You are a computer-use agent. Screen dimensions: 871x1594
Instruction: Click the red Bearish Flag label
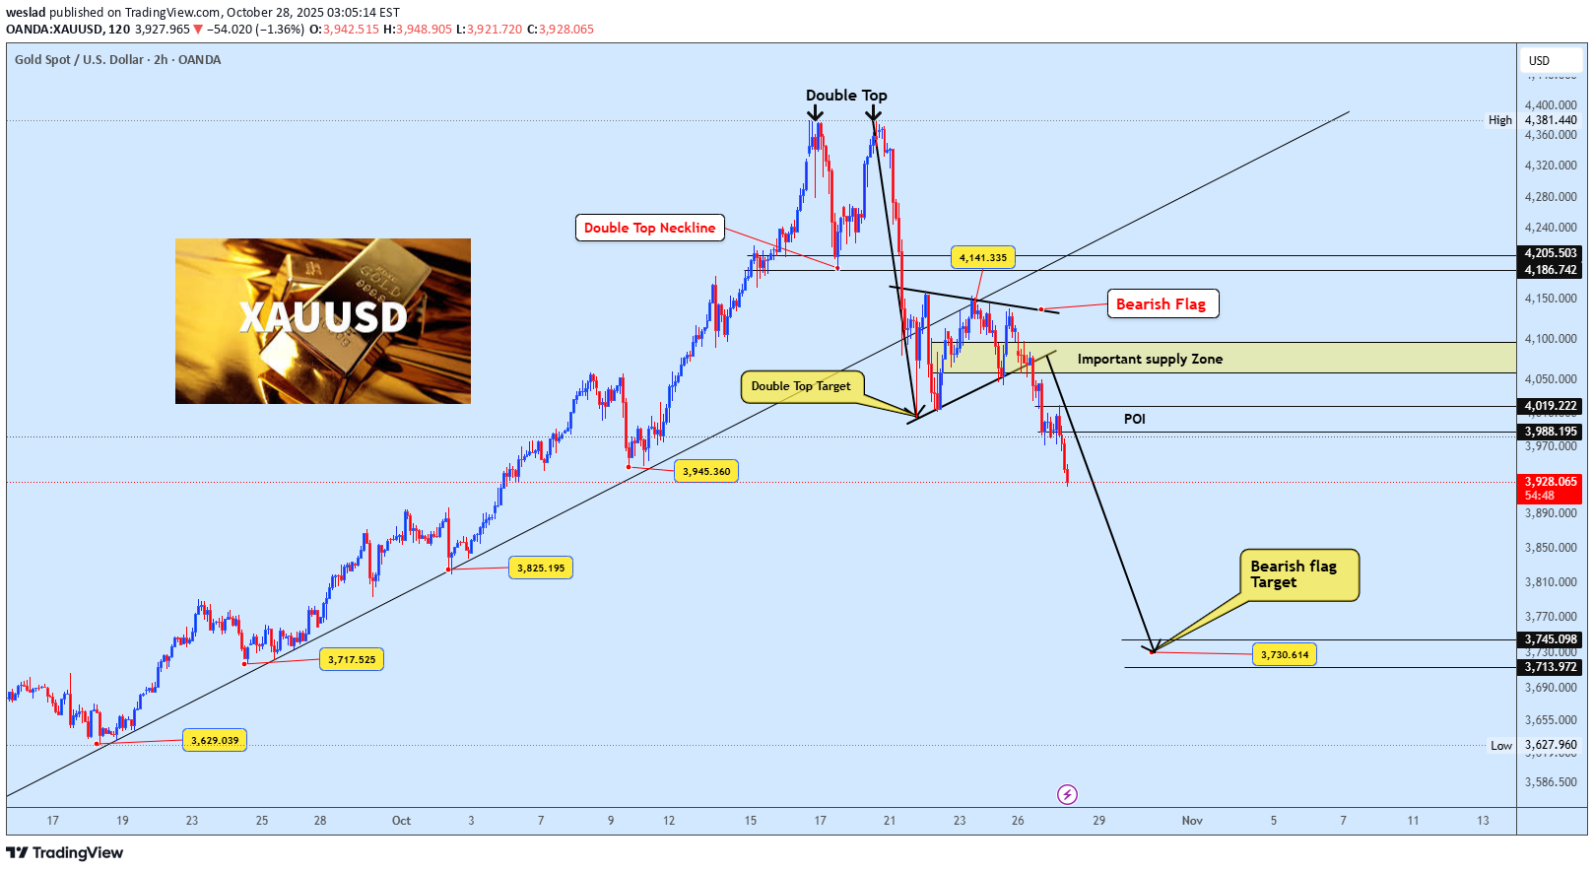tap(1162, 304)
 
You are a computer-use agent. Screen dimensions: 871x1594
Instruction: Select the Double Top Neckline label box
tap(649, 228)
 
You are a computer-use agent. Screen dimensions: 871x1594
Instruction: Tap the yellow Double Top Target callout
tap(801, 386)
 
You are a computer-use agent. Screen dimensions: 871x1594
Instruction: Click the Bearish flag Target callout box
tap(1297, 574)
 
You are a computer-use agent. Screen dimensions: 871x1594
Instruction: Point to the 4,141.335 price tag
tap(983, 258)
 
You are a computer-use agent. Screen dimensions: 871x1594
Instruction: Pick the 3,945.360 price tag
tap(706, 472)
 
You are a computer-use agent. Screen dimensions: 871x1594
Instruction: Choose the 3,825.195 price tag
tap(541, 569)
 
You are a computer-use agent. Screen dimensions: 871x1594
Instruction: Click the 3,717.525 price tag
tap(352, 660)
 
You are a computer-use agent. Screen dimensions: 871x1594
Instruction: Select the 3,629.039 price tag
tap(215, 741)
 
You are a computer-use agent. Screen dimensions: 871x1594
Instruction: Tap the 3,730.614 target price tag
tap(1285, 655)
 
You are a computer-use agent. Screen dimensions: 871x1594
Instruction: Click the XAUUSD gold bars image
tap(323, 321)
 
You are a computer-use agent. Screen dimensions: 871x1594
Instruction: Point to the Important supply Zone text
tap(1150, 359)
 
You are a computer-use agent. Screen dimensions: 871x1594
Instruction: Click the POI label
tap(1135, 419)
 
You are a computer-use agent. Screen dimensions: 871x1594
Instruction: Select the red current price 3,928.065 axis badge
tap(1551, 488)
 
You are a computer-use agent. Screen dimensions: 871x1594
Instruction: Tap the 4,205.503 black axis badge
tap(1551, 253)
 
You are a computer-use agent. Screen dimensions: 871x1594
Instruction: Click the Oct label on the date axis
tap(401, 821)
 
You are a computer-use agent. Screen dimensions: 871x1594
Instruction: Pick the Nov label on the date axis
tap(1192, 821)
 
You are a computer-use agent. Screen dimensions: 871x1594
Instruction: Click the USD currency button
tap(1539, 61)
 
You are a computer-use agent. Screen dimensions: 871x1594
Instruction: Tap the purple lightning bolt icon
tap(1067, 794)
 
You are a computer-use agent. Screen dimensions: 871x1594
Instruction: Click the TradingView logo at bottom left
tap(65, 853)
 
